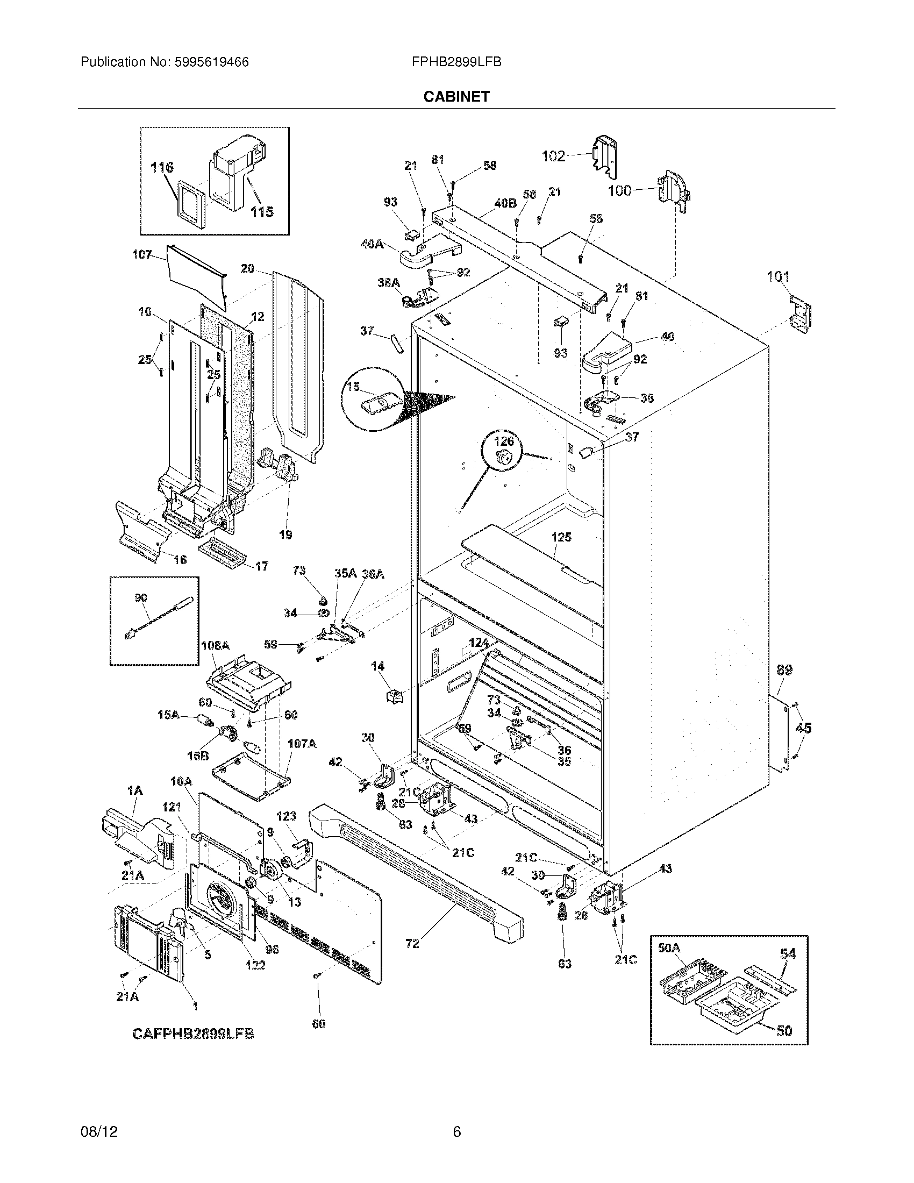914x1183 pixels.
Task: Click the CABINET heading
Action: coord(456,96)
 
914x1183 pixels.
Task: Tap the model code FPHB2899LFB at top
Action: coord(456,62)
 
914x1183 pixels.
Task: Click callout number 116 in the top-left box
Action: coord(162,167)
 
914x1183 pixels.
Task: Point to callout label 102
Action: coord(553,156)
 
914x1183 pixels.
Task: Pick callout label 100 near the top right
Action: coord(619,190)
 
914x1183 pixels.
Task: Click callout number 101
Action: coord(778,277)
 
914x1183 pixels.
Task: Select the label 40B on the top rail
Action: coord(505,204)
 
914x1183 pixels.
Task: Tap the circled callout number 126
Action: coord(503,441)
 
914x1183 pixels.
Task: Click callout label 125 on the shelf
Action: coord(561,537)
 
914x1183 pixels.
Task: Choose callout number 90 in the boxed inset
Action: coord(140,598)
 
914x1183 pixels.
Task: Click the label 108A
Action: coord(215,646)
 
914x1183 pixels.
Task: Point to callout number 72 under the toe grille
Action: coord(412,944)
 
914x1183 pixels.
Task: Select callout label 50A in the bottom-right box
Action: coord(669,947)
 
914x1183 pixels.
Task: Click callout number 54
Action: coord(788,953)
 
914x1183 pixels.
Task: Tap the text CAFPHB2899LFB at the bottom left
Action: coord(193,1034)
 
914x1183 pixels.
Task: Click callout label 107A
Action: coord(301,744)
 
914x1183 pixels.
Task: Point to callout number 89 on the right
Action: coord(784,670)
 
